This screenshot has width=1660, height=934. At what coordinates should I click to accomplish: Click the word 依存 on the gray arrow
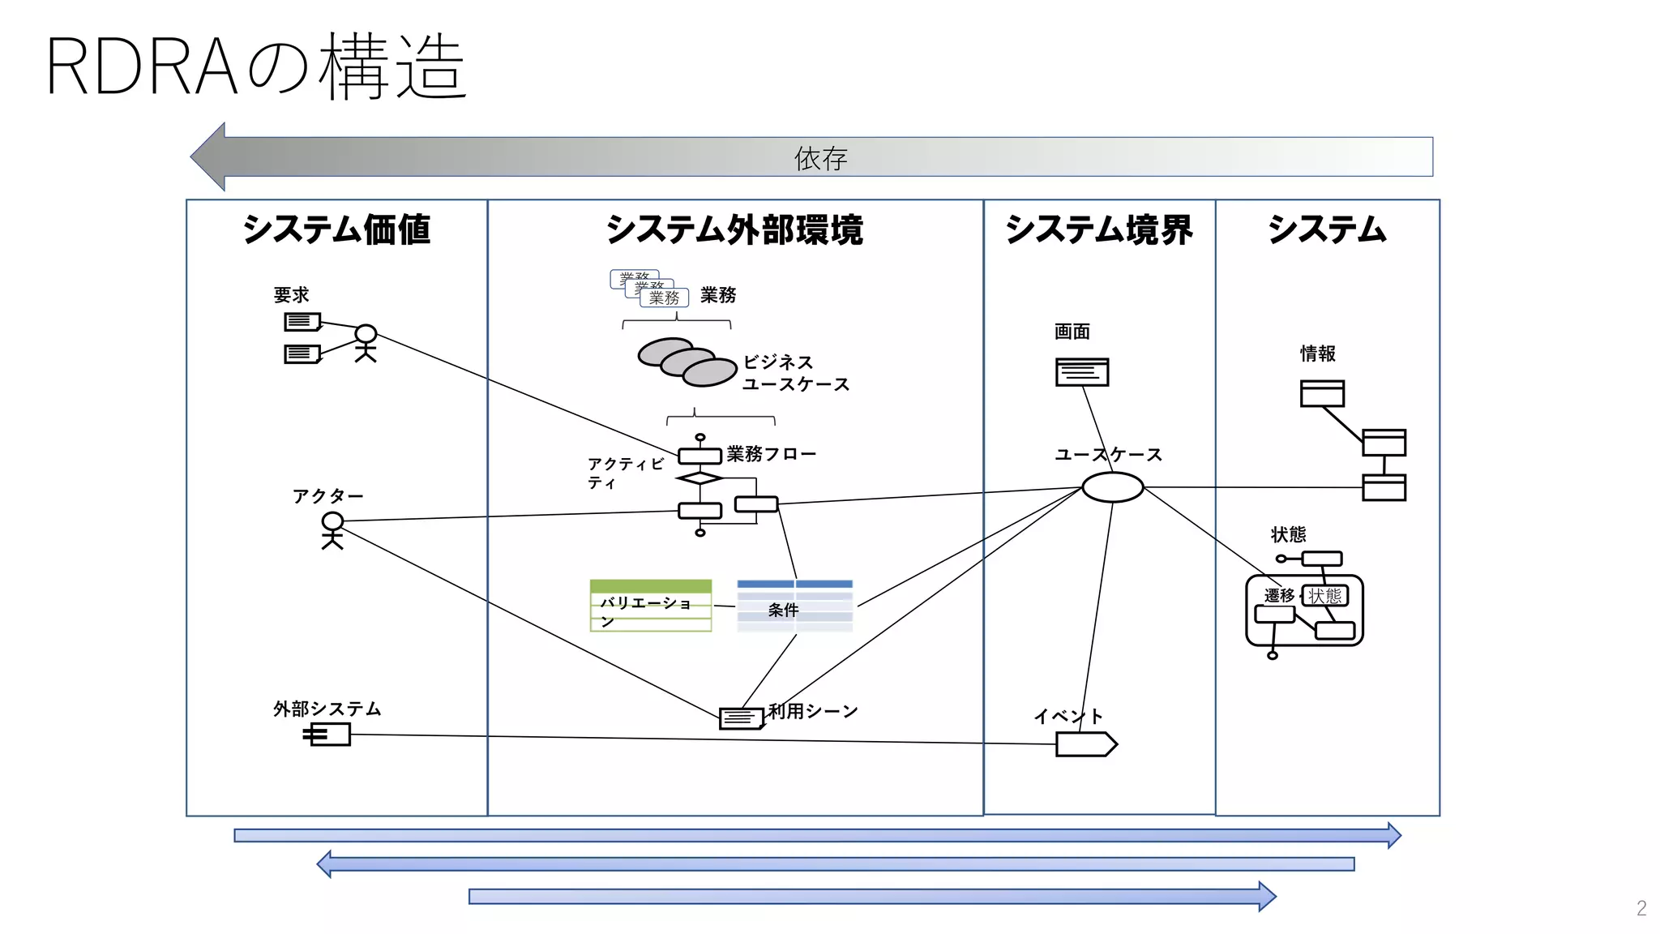pos(820,158)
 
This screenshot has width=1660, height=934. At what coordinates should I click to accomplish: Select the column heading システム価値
pos(336,229)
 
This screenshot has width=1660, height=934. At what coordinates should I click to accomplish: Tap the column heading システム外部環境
pos(734,229)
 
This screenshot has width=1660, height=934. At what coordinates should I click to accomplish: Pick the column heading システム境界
pos(1098,229)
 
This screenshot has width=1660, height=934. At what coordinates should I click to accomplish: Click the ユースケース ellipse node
pos(1112,487)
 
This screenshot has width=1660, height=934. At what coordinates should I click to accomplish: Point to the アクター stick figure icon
pos(332,531)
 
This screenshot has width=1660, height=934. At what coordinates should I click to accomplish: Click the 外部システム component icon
pos(328,735)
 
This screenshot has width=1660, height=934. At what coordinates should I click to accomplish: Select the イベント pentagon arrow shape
pos(1085,743)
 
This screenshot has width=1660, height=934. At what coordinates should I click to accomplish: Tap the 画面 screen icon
pos(1081,372)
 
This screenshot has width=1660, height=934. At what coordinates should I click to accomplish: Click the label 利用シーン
pos(812,711)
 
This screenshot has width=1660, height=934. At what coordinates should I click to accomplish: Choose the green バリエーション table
pos(650,605)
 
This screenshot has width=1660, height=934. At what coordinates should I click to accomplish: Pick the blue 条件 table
pos(794,605)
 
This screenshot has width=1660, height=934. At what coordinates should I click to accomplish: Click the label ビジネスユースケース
pos(794,373)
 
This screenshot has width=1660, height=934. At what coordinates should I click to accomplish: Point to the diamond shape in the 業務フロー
pos(699,478)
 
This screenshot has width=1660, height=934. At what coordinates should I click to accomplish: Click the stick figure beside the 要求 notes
pos(366,342)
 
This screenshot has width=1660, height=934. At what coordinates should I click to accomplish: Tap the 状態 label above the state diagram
pos(1288,534)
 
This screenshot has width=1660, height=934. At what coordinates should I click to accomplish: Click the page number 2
pos(1641,908)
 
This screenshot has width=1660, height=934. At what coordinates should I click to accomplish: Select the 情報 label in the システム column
pos(1317,353)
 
